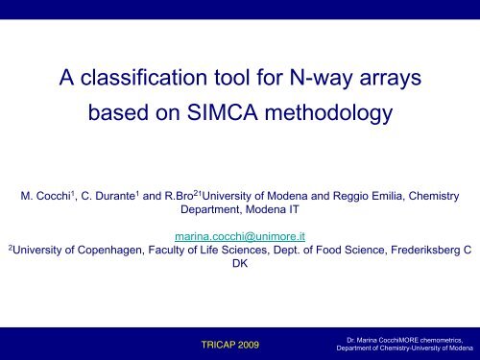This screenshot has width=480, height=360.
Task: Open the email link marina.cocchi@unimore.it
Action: click(240, 235)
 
